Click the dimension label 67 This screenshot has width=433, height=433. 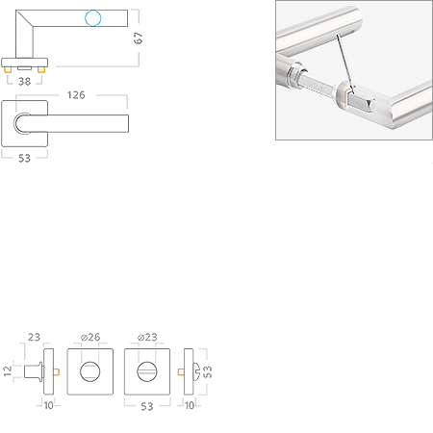coord(139,38)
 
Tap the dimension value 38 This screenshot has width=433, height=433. coord(24,81)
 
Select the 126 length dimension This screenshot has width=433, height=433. coord(76,95)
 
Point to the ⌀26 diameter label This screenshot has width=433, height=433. coord(90,337)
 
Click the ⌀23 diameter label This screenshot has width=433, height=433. coord(147,337)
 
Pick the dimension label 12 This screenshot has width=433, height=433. coord(8,371)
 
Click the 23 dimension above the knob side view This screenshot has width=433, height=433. coord(34,337)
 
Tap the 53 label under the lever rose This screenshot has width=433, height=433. coord(24,158)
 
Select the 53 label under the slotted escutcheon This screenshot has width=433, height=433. coord(147,406)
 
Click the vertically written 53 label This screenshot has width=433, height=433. coord(208,371)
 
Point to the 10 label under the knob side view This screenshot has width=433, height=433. coord(48,405)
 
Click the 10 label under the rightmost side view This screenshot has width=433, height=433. coord(190,405)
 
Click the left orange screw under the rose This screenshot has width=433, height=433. coord(8,69)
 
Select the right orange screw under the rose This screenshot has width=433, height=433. coord(41,69)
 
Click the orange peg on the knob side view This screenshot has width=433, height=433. coord(57,371)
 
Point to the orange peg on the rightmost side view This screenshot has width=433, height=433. coord(181,371)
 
